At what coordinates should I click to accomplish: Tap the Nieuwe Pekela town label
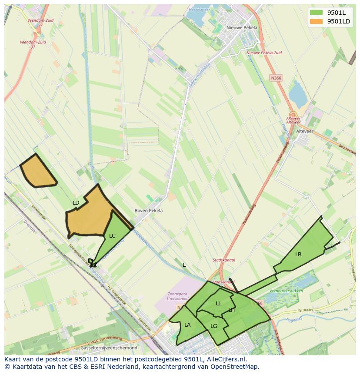click(x=242, y=27)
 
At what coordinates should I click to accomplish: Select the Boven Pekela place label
click(x=149, y=211)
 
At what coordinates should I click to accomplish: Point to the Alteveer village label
click(x=304, y=131)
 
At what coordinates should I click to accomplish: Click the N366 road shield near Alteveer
click(x=276, y=78)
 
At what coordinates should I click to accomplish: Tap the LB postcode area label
click(x=298, y=254)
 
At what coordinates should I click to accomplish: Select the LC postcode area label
click(x=112, y=236)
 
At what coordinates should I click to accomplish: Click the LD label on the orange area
click(x=76, y=203)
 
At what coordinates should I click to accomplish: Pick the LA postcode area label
click(x=187, y=324)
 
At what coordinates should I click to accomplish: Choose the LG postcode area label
click(x=214, y=326)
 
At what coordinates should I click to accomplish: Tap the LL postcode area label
click(x=218, y=304)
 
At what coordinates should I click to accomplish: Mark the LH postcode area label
click(x=231, y=310)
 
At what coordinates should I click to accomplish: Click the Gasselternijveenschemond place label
click(x=109, y=348)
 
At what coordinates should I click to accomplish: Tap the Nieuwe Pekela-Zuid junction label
click(x=264, y=53)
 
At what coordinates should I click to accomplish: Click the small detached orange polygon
click(x=38, y=172)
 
